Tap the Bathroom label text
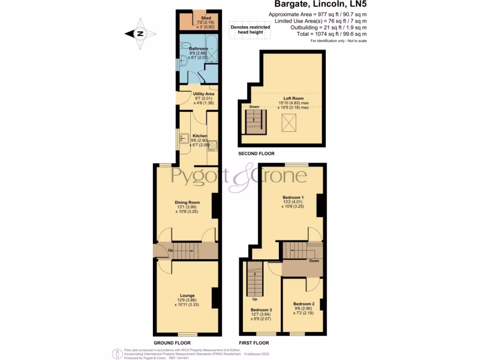pyautogui.click(x=198, y=48)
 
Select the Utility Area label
pyautogui.click(x=203, y=94)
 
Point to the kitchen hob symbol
pyautogui.click(x=212, y=145)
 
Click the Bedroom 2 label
pyautogui.click(x=304, y=304)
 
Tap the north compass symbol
pyautogui.click(x=140, y=33)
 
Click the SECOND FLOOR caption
pyautogui.click(x=256, y=154)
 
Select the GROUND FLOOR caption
pyautogui.click(x=173, y=343)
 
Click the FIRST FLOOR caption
pyautogui.click(x=254, y=343)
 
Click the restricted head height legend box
pyautogui.click(x=250, y=30)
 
